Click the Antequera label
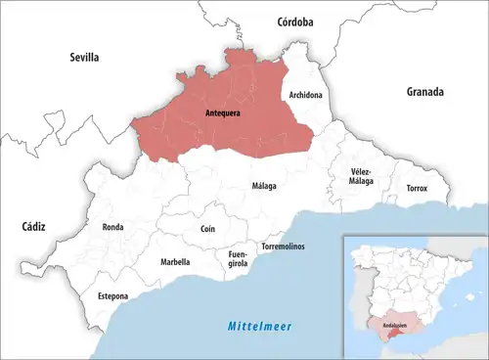pos(225,114)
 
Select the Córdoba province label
pos(294,21)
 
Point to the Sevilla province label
pos(85,58)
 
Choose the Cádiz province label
pos(33,226)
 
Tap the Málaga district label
pos(264,186)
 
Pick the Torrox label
pos(417,188)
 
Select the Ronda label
pos(112,227)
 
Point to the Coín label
pos(207,228)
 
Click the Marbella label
pos(175,262)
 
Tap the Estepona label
pos(112,295)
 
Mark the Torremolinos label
pos(283,247)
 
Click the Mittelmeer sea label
pos(261,325)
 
